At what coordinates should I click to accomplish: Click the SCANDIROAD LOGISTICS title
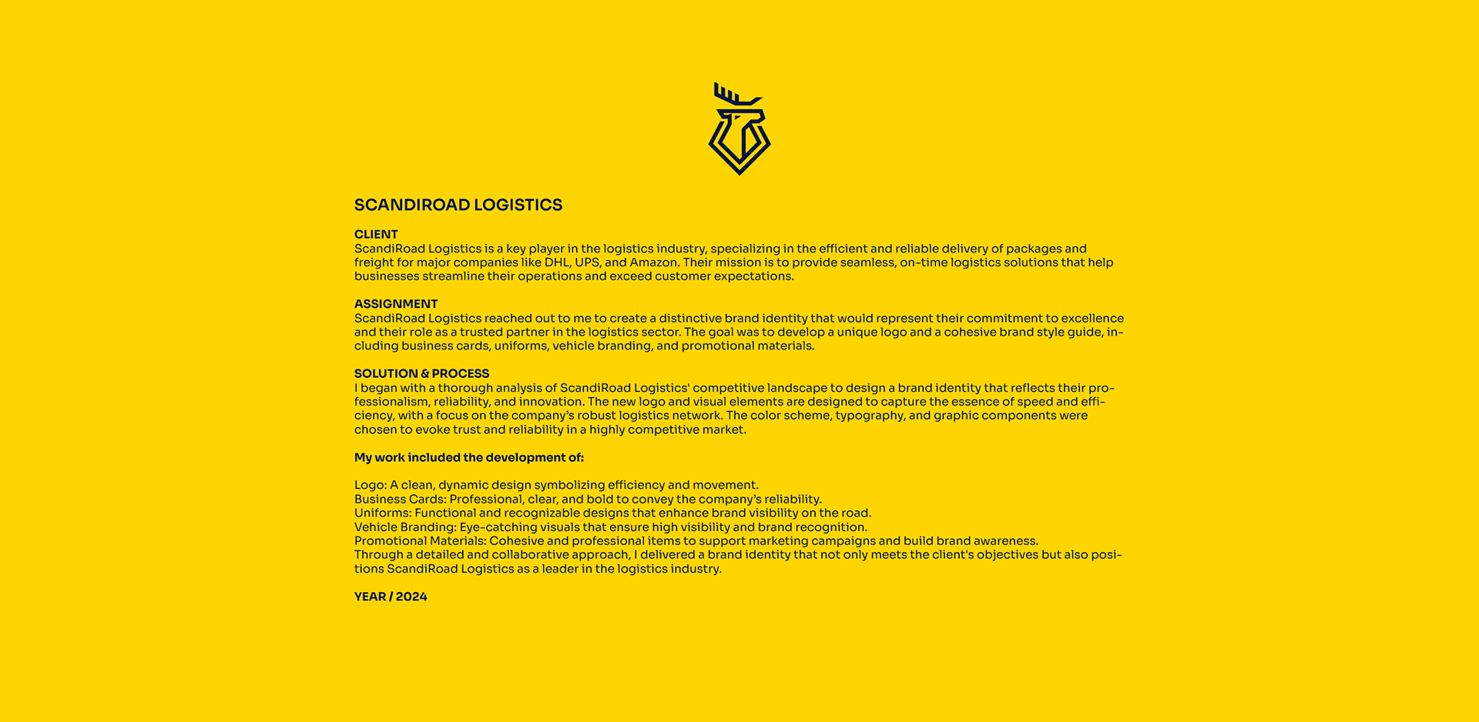458,205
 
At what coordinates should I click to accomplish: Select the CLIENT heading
376,234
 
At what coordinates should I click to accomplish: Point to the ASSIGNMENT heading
396,304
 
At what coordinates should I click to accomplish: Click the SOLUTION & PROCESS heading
421,373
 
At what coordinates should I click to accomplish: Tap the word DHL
556,262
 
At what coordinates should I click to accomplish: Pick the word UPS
587,262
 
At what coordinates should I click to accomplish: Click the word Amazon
654,262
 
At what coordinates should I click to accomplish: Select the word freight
374,262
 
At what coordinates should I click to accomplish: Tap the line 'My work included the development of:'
469,457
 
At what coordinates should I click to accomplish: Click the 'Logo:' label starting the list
371,485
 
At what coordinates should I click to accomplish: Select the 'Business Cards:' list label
400,499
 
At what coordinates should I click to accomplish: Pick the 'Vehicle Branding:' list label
405,527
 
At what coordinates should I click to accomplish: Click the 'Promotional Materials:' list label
421,541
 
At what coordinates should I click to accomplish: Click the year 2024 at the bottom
411,597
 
